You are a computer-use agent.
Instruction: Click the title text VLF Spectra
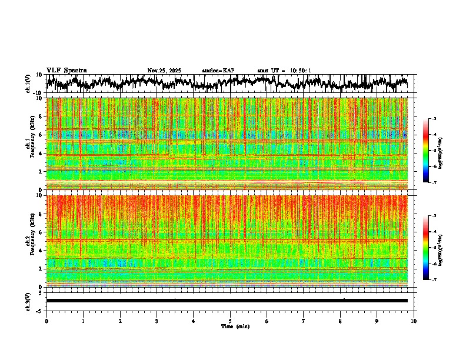coord(66,71)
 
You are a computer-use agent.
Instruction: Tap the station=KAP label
coord(218,71)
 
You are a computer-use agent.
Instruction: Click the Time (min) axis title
coord(230,326)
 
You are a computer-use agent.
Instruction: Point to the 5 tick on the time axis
coord(230,321)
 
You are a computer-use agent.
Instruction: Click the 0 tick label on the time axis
coord(46,321)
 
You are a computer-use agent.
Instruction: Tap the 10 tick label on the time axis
coord(414,321)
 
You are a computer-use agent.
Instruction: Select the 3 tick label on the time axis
coord(157,321)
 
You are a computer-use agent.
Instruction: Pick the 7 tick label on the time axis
coord(304,321)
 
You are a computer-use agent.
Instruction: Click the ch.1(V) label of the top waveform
coord(28,84)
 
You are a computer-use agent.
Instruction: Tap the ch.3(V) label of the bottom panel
coord(28,301)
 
